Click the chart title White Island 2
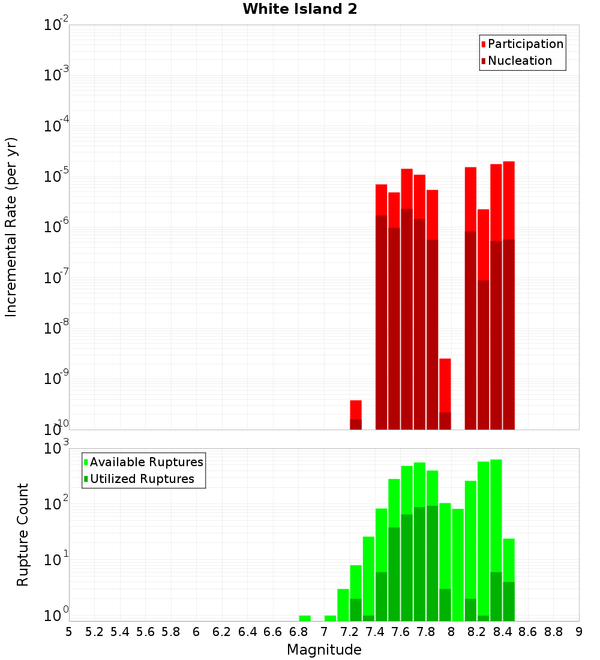click(x=299, y=10)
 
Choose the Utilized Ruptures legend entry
click(x=142, y=479)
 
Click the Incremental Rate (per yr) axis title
click(x=11, y=227)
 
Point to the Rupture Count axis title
click(x=23, y=535)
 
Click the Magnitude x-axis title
click(x=324, y=650)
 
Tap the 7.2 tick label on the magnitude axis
click(x=349, y=632)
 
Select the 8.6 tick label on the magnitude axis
click(x=528, y=632)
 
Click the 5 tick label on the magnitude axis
click(x=69, y=632)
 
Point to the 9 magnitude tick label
click(x=579, y=632)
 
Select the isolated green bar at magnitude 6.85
click(x=305, y=618)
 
